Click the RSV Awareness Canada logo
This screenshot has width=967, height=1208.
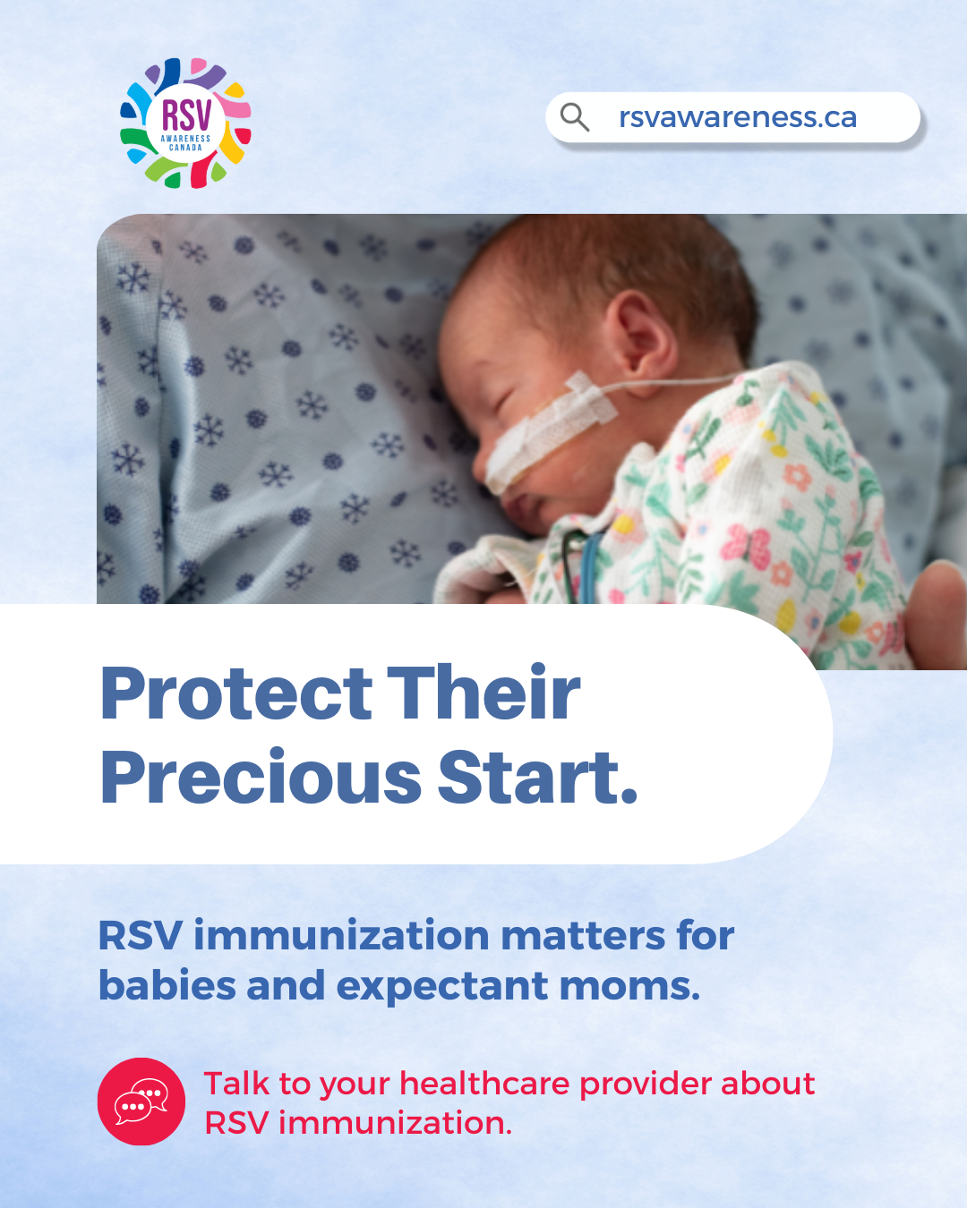pyautogui.click(x=185, y=123)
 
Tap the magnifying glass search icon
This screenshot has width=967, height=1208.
pyautogui.click(x=575, y=117)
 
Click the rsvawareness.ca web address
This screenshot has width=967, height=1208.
pyautogui.click(x=738, y=117)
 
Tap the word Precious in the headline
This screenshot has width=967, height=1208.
pyautogui.click(x=261, y=778)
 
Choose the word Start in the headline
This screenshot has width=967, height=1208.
pyautogui.click(x=532, y=778)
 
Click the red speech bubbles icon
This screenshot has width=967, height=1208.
pyautogui.click(x=141, y=1101)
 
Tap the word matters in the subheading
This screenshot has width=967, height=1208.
pyautogui.click(x=583, y=936)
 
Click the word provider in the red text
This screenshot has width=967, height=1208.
pyautogui.click(x=645, y=1085)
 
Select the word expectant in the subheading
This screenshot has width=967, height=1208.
pyautogui.click(x=442, y=987)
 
